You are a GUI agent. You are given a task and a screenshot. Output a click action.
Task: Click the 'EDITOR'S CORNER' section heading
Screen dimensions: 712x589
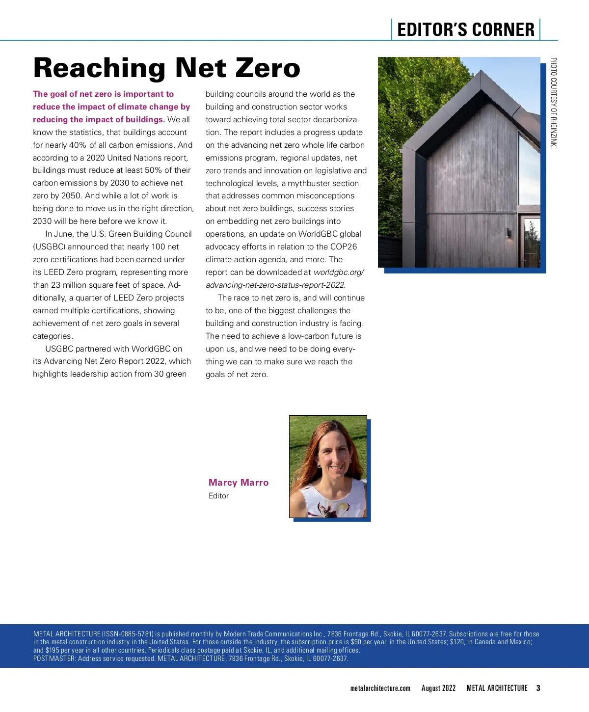(465, 29)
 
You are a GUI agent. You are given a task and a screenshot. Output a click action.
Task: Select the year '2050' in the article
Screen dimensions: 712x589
(71, 195)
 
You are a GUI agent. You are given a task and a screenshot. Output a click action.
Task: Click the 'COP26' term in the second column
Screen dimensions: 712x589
(344, 246)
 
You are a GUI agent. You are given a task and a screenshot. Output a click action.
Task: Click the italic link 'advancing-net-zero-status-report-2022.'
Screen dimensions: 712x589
(275, 285)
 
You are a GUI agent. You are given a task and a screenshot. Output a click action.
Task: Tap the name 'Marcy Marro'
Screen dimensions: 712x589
(239, 482)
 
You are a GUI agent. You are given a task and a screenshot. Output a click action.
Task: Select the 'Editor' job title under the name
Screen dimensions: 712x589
(218, 496)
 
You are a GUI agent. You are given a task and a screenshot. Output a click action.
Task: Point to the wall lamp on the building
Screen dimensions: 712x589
(508, 233)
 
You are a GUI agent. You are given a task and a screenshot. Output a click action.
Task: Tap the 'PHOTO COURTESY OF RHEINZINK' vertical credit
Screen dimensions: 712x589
(553, 102)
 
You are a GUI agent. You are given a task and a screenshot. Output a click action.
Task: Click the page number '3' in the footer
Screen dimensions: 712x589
(538, 688)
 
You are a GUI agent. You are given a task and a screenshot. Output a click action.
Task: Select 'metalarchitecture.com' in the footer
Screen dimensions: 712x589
(380, 688)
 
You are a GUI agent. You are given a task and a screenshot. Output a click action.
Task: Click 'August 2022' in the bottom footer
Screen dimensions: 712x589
(438, 688)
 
